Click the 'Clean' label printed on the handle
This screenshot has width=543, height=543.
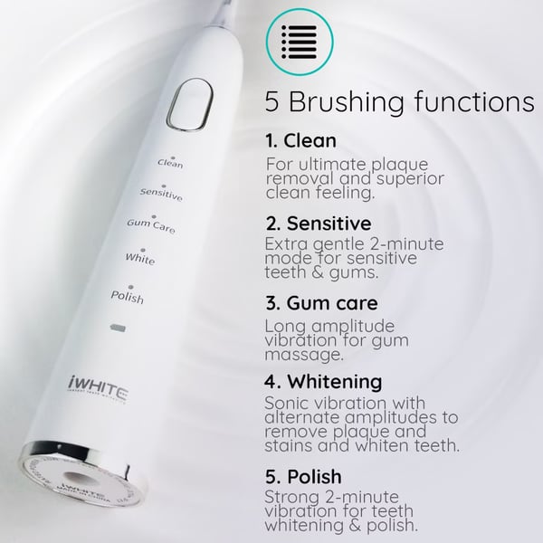[x=170, y=164]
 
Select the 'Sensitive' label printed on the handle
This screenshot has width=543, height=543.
[x=161, y=194]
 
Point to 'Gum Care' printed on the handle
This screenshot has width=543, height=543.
[x=151, y=225]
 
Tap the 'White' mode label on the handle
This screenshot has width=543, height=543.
[x=140, y=259]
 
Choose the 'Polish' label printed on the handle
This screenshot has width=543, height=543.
[x=127, y=296]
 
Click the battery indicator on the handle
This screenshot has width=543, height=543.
[x=116, y=326]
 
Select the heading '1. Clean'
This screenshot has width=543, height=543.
[x=301, y=141]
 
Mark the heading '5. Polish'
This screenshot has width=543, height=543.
[x=303, y=476]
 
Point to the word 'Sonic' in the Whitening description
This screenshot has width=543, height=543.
[x=290, y=403]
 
